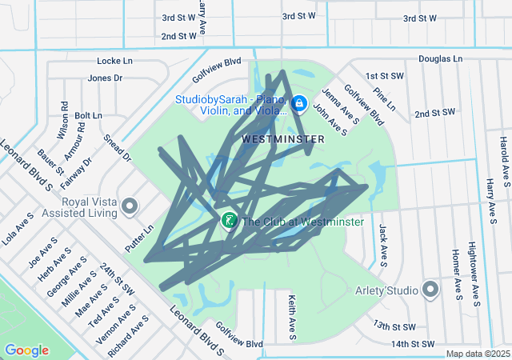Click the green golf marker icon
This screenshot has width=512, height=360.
click(228, 221)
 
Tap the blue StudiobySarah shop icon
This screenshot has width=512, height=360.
click(298, 103)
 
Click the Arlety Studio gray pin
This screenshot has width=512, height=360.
click(430, 289)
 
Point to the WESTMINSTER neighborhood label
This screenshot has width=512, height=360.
click(283, 139)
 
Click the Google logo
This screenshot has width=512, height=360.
click(26, 350)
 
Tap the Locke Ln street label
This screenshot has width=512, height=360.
click(114, 61)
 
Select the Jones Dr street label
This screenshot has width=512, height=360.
click(105, 78)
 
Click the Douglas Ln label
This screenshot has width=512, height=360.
click(440, 59)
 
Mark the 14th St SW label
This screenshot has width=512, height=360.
click(412, 344)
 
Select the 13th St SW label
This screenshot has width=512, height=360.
click(394, 326)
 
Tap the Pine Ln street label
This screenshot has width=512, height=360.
click(385, 95)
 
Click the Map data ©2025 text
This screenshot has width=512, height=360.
click(478, 354)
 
